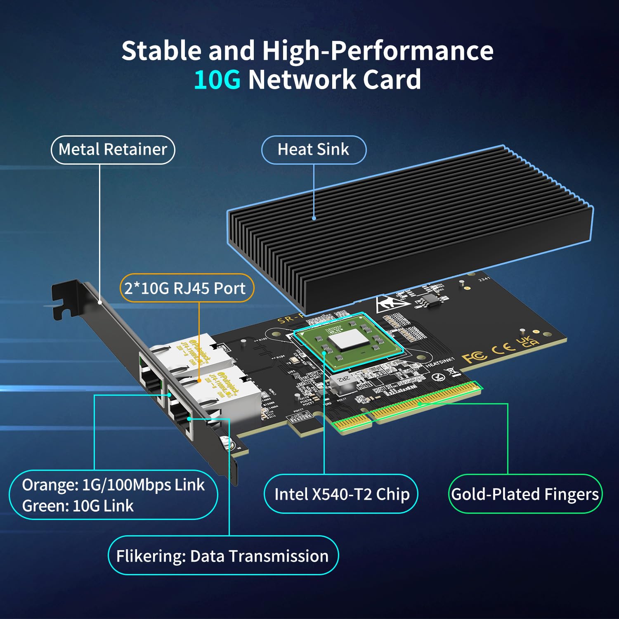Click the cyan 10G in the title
coord(217,80)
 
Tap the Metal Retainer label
coord(113,149)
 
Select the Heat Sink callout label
coord(313,149)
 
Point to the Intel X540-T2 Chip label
coord(341,494)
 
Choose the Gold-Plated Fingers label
coord(525,494)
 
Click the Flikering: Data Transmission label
coord(222,556)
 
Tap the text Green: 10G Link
coord(78,506)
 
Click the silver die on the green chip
coord(347,339)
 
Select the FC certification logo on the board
coord(474,356)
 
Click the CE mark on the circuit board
coord(503,348)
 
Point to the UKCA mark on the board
coord(527,341)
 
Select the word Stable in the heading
coord(161,51)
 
